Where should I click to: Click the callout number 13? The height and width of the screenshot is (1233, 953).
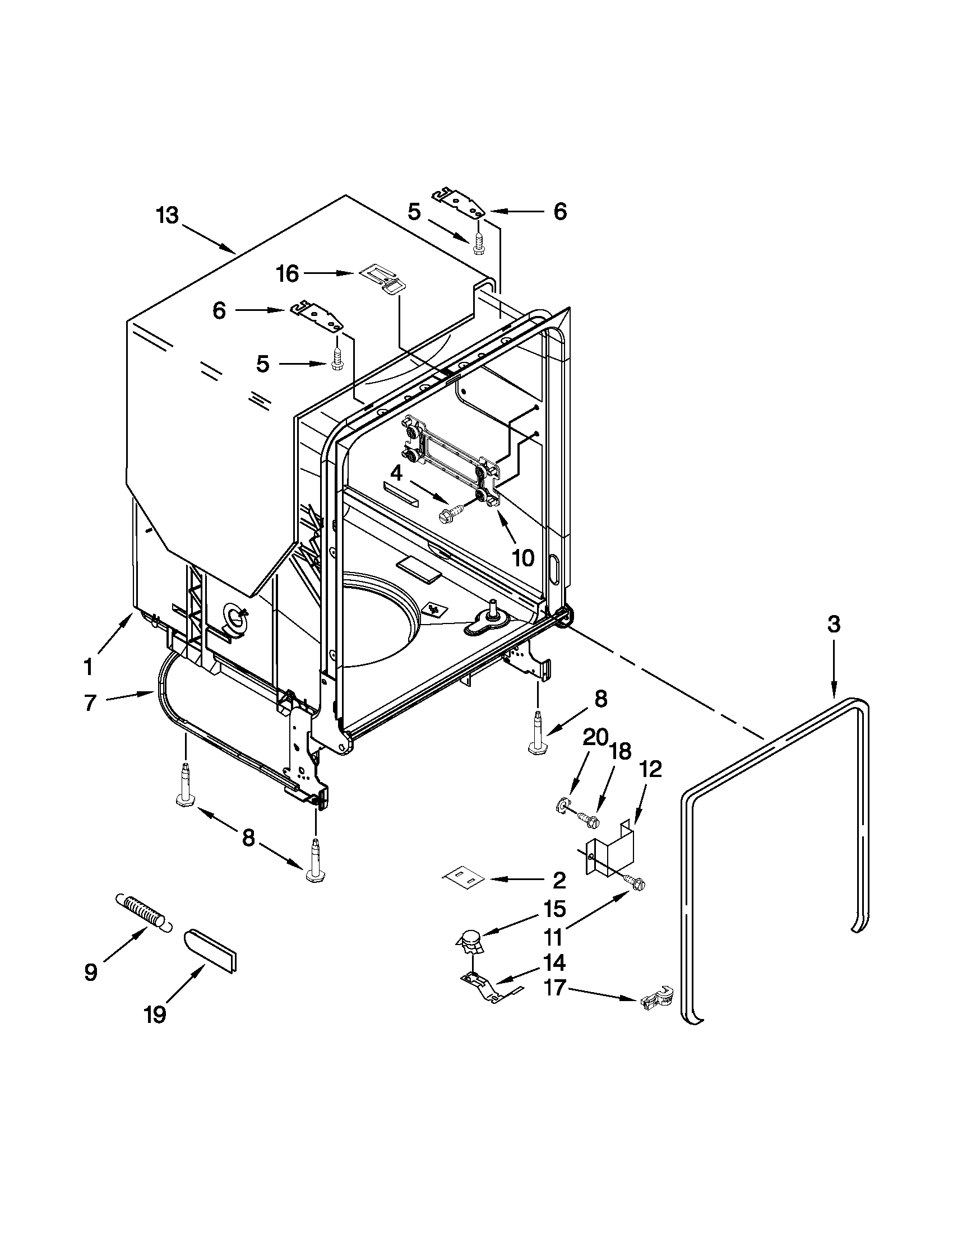pos(167,216)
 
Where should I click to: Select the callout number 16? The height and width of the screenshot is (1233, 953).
pos(287,274)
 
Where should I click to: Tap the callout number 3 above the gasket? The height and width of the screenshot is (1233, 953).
pos(834,624)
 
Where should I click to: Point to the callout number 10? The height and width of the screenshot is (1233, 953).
pos(522,558)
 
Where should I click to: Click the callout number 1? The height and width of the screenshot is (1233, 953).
pos(88,668)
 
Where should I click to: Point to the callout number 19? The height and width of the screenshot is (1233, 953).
pos(154,1015)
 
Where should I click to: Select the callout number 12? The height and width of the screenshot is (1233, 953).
pos(650,769)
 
